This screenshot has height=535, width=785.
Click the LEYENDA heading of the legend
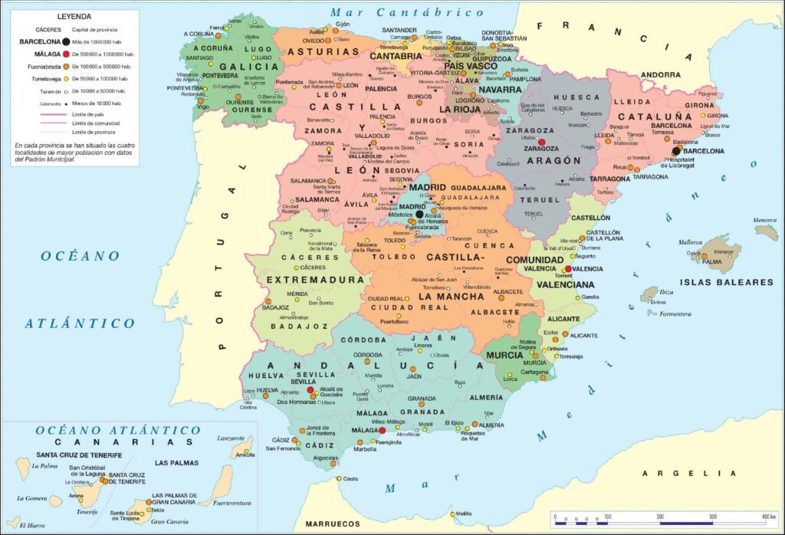pos(74,16)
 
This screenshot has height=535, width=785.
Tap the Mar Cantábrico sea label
pos(407,12)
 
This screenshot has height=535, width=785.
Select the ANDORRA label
pos(660,75)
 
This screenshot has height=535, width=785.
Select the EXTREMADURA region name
pos(315,280)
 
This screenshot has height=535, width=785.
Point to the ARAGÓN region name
pos(552,161)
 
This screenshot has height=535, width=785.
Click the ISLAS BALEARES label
pos(724,282)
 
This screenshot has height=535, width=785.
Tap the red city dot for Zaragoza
pos(542,143)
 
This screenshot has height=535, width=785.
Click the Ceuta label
pos(350,479)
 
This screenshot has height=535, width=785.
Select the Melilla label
pos(463,514)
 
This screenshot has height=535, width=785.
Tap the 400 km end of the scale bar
pos(767,517)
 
